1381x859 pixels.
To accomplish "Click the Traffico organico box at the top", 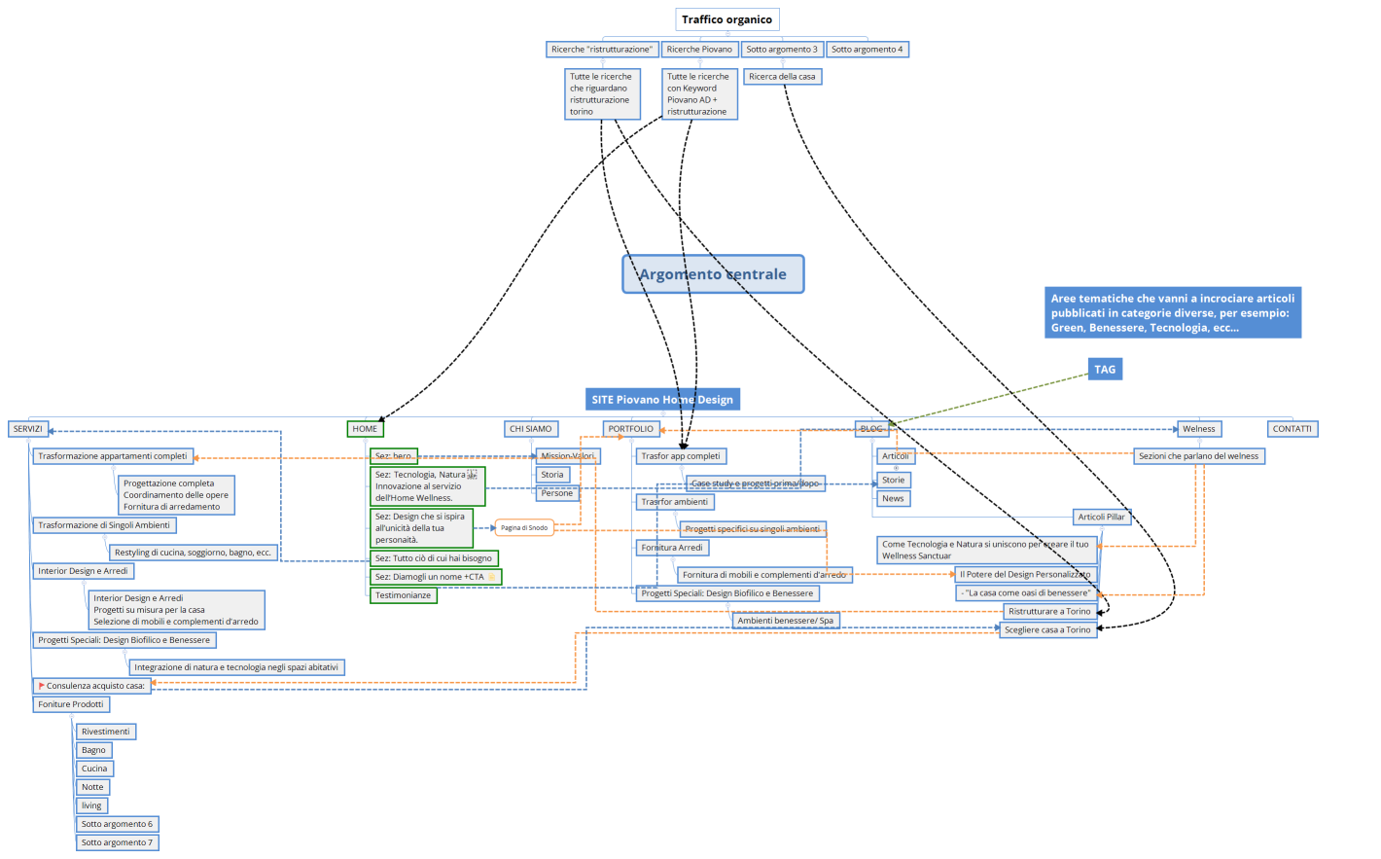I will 726,19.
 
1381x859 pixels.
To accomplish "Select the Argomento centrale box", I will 712,274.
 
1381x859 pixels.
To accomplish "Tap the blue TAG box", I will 1105,370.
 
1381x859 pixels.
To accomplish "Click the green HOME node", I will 365,429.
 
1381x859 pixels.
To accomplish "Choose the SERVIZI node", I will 27,429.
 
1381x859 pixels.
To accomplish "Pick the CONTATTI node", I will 1292,429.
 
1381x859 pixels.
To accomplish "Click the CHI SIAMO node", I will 530,429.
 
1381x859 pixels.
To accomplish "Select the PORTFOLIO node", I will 630,429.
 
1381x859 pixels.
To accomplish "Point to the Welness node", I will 1198,429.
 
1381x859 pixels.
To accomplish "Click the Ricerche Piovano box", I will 699,50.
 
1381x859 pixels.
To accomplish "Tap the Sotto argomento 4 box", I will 867,50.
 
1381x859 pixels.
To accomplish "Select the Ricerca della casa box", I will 782,77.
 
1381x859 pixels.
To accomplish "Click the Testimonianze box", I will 403,595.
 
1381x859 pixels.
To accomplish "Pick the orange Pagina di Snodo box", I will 524,528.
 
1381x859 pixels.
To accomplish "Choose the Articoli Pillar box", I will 1101,518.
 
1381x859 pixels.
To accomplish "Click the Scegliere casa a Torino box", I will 1047,630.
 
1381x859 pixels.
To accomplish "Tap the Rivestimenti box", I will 105,732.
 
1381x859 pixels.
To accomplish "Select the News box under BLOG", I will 893,499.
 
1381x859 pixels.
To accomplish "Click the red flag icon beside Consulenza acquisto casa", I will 41,686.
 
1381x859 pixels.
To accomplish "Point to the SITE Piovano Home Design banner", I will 662,400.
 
